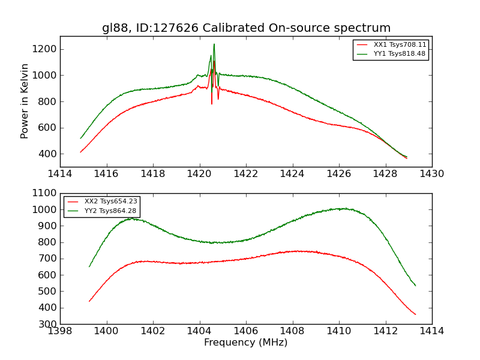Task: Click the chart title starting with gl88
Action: pos(246,28)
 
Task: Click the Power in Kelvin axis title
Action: pos(25,101)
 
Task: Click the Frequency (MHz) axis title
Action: pos(245,343)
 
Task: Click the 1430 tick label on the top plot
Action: pos(431,174)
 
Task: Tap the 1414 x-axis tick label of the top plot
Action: pos(60,174)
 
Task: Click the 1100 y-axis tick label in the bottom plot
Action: pos(45,194)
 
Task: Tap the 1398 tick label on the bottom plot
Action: pos(60,331)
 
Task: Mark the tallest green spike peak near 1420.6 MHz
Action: pos(214,44)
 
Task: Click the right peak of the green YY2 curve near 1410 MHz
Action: pos(342,208)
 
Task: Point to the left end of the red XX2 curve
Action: pos(89,301)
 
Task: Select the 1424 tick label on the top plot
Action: pos(292,174)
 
